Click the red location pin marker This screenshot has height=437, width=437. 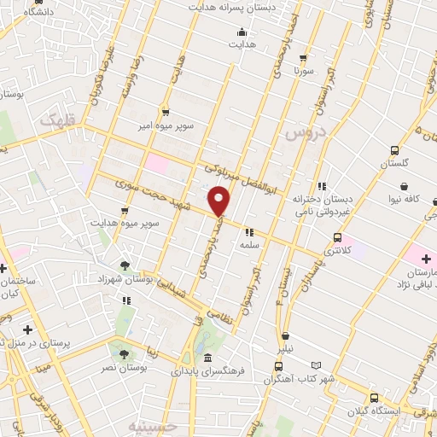219,201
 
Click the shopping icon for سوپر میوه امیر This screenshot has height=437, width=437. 165,111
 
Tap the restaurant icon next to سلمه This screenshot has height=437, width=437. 248,230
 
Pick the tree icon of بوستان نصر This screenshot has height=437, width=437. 125,353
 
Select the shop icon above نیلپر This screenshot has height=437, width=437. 285,335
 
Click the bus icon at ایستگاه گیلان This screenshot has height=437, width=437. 375,398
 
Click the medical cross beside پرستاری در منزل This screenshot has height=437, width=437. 27,329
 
